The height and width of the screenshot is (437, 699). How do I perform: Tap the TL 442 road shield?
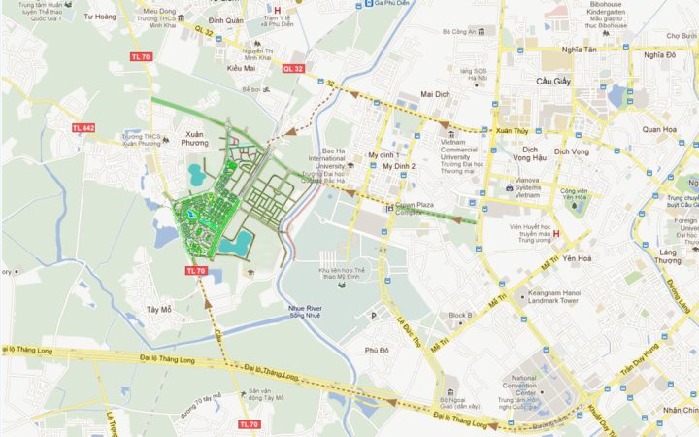click(83, 128)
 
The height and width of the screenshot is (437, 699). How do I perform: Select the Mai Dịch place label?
click(439, 95)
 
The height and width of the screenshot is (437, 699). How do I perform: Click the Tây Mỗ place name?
click(158, 310)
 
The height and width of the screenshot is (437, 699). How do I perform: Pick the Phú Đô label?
click(377, 350)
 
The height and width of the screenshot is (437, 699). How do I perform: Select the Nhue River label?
click(304, 310)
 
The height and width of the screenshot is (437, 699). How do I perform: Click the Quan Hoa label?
click(658, 129)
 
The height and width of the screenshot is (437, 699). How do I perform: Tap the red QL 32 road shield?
click(293, 69)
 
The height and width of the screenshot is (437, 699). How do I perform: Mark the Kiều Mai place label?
click(241, 69)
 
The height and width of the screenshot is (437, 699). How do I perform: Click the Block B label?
click(460, 315)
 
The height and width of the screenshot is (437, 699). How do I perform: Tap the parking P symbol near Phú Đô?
click(373, 316)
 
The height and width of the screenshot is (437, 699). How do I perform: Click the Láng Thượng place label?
click(668, 255)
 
